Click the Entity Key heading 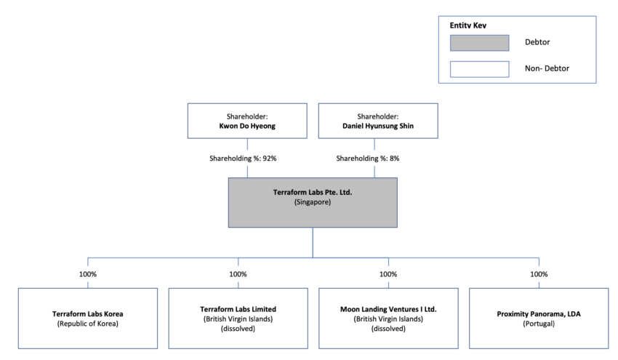click(x=468, y=25)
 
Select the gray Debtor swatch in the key click(x=479, y=42)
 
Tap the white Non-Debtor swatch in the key click(x=479, y=69)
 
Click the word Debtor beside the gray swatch click(x=538, y=42)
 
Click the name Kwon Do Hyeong click(x=247, y=126)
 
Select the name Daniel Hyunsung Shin click(x=377, y=126)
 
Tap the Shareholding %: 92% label click(x=247, y=159)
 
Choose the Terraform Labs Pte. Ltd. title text click(x=313, y=192)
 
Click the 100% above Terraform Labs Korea click(x=88, y=274)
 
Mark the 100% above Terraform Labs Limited click(x=238, y=274)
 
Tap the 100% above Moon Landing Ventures click(x=388, y=274)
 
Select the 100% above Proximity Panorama click(x=539, y=274)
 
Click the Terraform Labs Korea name click(x=88, y=313)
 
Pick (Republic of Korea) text click(x=88, y=324)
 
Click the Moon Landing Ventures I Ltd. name click(x=388, y=308)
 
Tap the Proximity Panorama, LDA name click(x=539, y=313)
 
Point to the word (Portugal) click(x=539, y=324)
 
